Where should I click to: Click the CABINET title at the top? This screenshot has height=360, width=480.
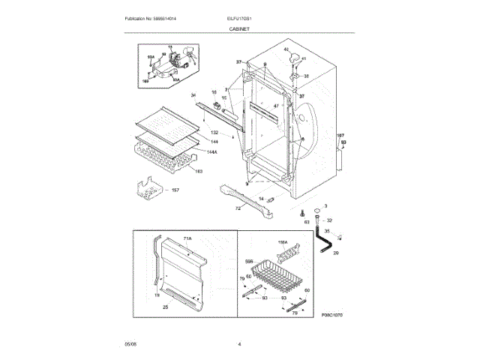pyautogui.click(x=239, y=28)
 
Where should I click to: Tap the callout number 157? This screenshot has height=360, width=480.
pyautogui.click(x=175, y=190)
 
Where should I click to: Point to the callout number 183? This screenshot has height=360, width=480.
pyautogui.click(x=199, y=171)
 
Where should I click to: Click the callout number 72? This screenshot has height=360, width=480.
pyautogui.click(x=238, y=208)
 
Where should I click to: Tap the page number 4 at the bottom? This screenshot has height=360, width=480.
pyautogui.click(x=239, y=343)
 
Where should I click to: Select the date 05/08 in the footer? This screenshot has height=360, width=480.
pyautogui.click(x=130, y=343)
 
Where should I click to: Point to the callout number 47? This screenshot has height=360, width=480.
pyautogui.click(x=276, y=106)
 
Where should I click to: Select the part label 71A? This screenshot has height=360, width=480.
pyautogui.click(x=187, y=238)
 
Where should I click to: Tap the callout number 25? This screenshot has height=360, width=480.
pyautogui.click(x=165, y=307)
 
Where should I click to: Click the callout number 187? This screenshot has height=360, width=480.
pyautogui.click(x=340, y=135)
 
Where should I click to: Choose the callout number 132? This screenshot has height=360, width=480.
pyautogui.click(x=214, y=133)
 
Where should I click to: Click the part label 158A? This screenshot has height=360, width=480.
pyautogui.click(x=283, y=241)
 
